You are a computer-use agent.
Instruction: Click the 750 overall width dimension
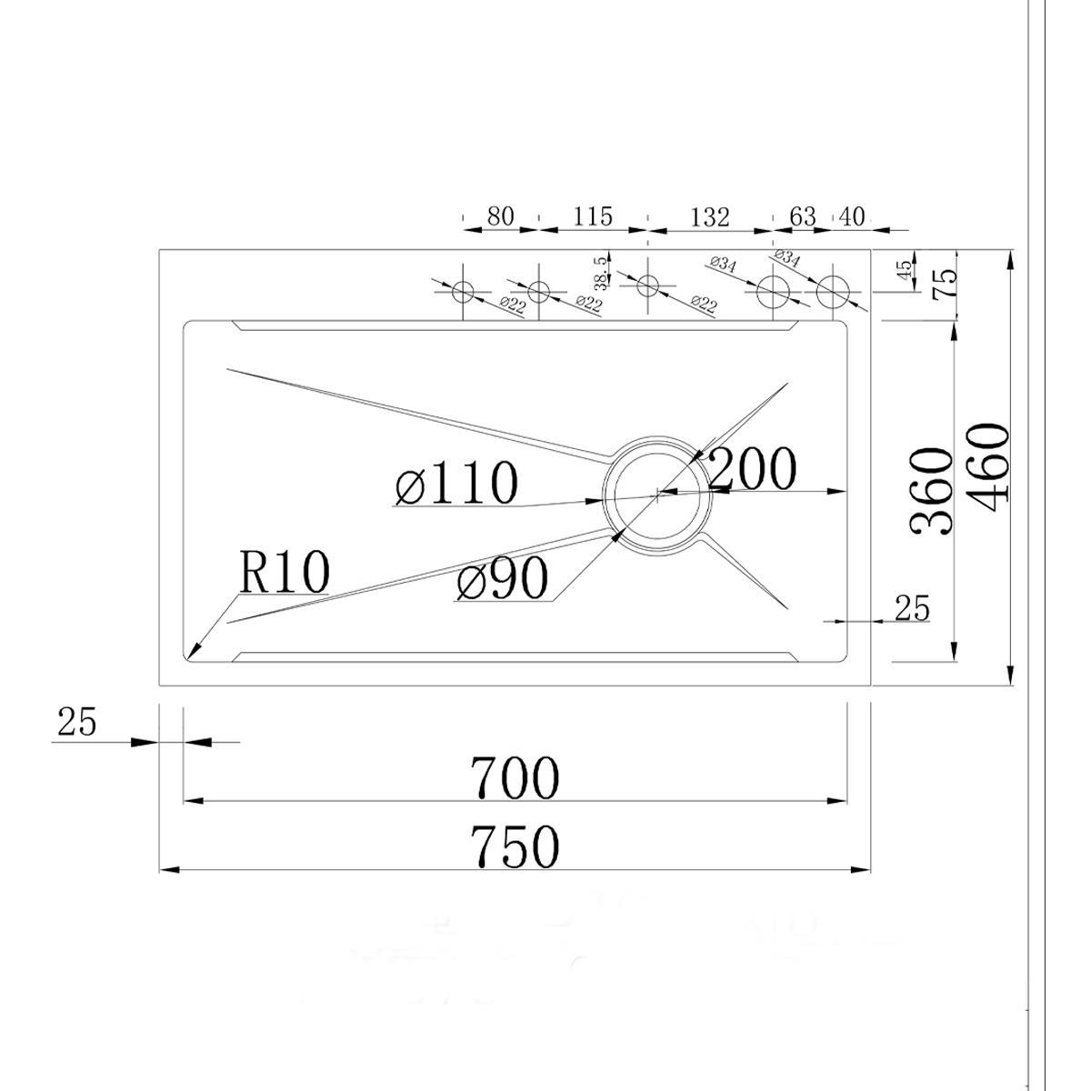(514, 846)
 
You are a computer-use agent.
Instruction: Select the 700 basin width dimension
(514, 778)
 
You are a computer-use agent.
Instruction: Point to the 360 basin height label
(933, 491)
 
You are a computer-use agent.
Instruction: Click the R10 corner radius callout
(284, 573)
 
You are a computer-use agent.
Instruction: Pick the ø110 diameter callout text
(457, 483)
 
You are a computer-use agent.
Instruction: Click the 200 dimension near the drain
(752, 469)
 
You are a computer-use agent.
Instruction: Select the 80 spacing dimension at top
(500, 216)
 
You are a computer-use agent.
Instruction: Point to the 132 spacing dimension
(709, 217)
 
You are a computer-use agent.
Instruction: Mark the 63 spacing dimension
(802, 216)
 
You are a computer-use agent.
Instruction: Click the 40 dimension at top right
(852, 216)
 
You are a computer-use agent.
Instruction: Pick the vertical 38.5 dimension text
(599, 272)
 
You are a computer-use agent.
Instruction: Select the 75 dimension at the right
(945, 285)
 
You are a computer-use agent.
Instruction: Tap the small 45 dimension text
(904, 271)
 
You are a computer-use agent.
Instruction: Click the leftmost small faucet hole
(464, 292)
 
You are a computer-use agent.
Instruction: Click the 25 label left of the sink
(77, 723)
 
